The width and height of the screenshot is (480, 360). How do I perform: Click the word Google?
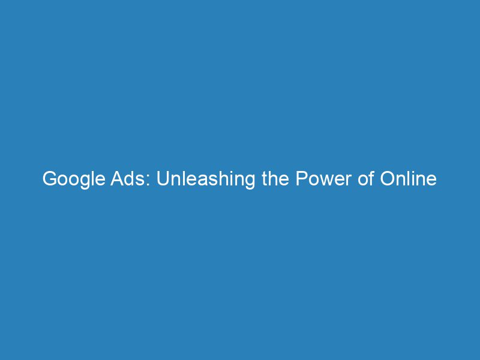(70, 179)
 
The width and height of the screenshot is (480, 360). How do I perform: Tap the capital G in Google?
(49, 179)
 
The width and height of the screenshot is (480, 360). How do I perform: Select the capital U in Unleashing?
(163, 179)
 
